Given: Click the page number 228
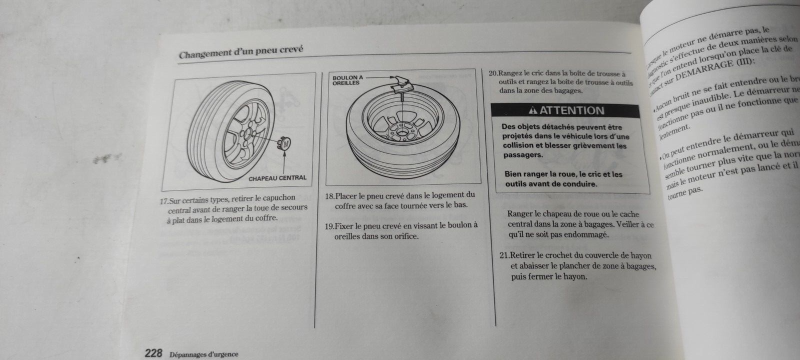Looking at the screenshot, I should coord(153,353).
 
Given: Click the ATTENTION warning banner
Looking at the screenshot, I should coord(565,110).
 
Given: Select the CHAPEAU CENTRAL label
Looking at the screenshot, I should coord(277,177).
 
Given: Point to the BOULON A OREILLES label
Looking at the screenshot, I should coord(348,80).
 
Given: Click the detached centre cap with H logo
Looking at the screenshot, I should coord(285,143).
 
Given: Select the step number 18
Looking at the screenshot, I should coord(329,195).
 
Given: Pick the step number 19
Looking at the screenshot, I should coord(329,226).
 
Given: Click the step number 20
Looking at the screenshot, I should coord(493,73).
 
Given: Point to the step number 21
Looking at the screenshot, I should coord(504,255).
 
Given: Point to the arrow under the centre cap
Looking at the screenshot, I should coord(284,160).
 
